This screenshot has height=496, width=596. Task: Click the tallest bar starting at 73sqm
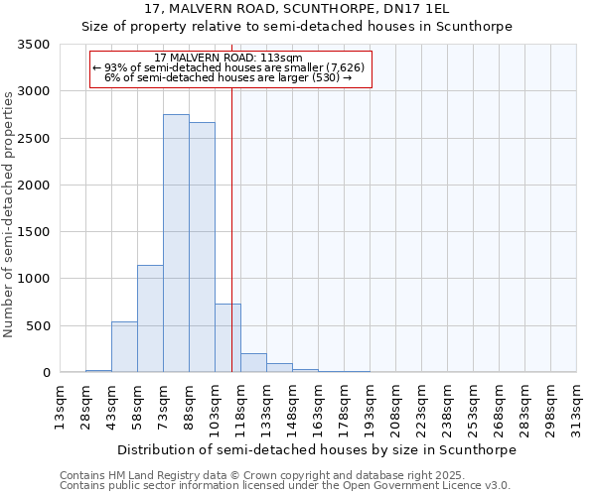coord(176,243)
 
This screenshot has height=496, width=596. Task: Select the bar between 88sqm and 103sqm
coord(202,247)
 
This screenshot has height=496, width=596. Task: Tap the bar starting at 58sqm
coord(150,318)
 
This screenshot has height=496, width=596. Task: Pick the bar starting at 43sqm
coord(124,346)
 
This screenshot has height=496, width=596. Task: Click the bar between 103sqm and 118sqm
coord(227,337)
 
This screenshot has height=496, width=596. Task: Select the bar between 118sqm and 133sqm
coord(253,363)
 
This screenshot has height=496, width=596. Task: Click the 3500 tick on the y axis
coord(35,45)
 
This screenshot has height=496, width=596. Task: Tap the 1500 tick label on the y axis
coord(35,232)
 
